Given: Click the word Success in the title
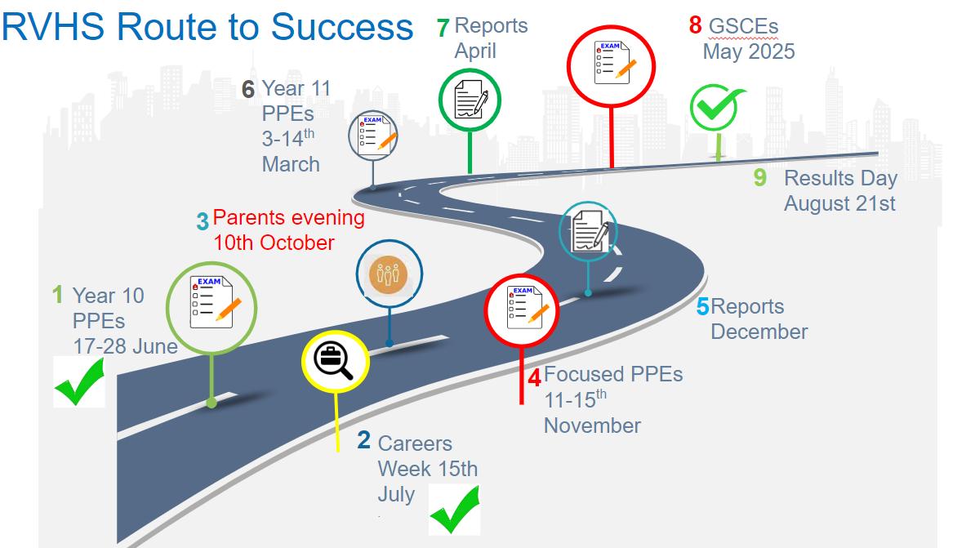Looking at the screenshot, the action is (x=343, y=27).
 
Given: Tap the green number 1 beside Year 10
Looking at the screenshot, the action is (x=57, y=294).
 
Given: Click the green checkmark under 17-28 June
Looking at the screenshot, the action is (x=79, y=382).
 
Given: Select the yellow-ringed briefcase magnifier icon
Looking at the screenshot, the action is (x=336, y=359).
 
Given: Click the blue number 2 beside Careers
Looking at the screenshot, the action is (x=364, y=440).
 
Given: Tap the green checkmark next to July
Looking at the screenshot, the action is (x=454, y=510).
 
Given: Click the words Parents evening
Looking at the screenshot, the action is (x=289, y=218).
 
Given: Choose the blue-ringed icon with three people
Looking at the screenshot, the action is (x=389, y=275).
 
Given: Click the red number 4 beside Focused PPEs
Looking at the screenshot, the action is (x=534, y=377).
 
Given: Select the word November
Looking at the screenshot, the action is (x=592, y=425).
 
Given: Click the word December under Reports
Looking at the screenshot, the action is (x=759, y=332).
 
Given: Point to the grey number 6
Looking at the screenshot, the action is (x=248, y=88).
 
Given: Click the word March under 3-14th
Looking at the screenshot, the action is (x=291, y=164).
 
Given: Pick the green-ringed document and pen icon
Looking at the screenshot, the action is (x=470, y=100).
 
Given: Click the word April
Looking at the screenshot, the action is (x=475, y=51).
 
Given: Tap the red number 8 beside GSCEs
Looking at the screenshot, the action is (x=695, y=25).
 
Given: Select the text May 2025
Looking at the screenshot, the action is (x=749, y=51).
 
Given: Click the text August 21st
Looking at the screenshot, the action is (x=839, y=203).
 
